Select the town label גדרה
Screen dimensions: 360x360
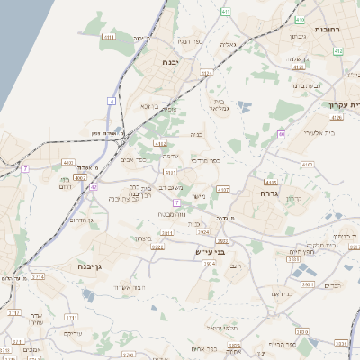(x=269, y=193)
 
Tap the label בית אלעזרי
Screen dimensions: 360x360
(x=316, y=132)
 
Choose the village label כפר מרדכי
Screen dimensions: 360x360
(x=204, y=160)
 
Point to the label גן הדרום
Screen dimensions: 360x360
(x=81, y=220)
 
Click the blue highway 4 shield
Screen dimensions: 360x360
(x=112, y=101)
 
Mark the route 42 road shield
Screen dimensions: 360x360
(x=94, y=187)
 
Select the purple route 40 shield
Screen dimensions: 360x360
(x=281, y=134)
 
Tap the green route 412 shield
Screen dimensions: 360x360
(x=337, y=51)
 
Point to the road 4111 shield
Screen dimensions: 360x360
(x=161, y=142)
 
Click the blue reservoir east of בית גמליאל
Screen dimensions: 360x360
(x=245, y=108)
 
